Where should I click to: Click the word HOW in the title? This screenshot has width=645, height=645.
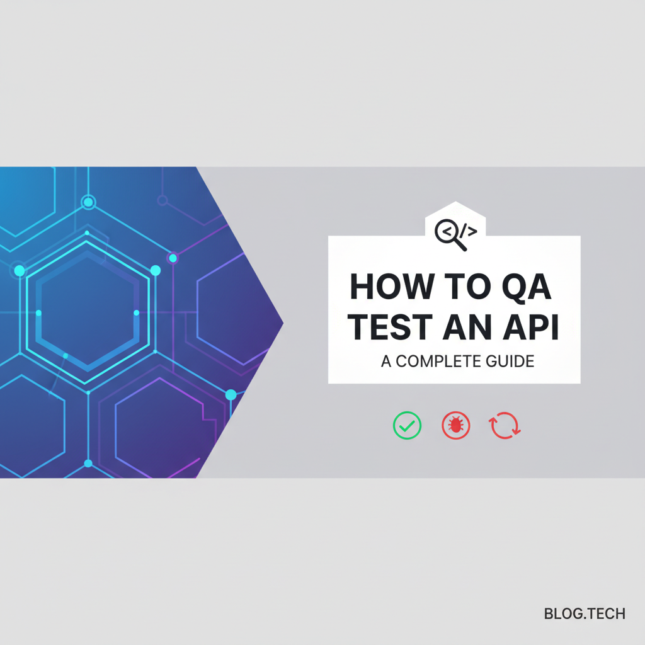pyautogui.click(x=384, y=287)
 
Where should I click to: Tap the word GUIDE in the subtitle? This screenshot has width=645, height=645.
pyautogui.click(x=512, y=362)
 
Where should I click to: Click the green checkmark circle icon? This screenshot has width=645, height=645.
pyautogui.click(x=406, y=426)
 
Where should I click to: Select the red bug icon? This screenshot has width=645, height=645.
pyautogui.click(x=455, y=426)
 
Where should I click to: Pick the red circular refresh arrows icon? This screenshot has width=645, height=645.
pyautogui.click(x=505, y=426)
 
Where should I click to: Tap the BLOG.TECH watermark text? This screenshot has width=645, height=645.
pyautogui.click(x=585, y=614)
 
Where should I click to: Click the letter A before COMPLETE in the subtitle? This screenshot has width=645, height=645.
pyautogui.click(x=385, y=362)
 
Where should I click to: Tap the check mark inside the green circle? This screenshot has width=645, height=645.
pyautogui.click(x=407, y=426)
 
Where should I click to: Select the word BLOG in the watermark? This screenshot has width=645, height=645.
pyautogui.click(x=560, y=614)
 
